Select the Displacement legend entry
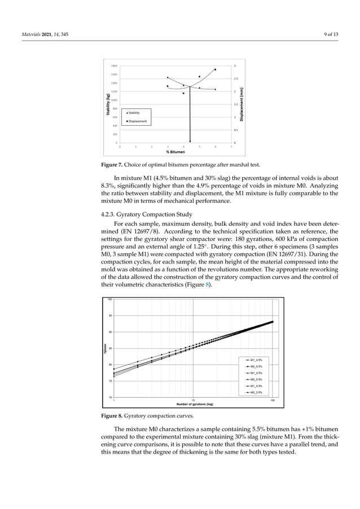point(137,121)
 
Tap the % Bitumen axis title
point(175,152)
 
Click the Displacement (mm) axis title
point(242,104)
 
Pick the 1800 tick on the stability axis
point(114,65)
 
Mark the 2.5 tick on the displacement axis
point(236,78)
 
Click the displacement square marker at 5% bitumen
point(199,77)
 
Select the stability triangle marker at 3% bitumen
point(168,78)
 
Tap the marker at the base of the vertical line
point(190,142)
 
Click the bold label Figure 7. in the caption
point(112,165)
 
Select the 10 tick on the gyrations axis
point(194,400)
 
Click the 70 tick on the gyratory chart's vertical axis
point(110,397)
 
